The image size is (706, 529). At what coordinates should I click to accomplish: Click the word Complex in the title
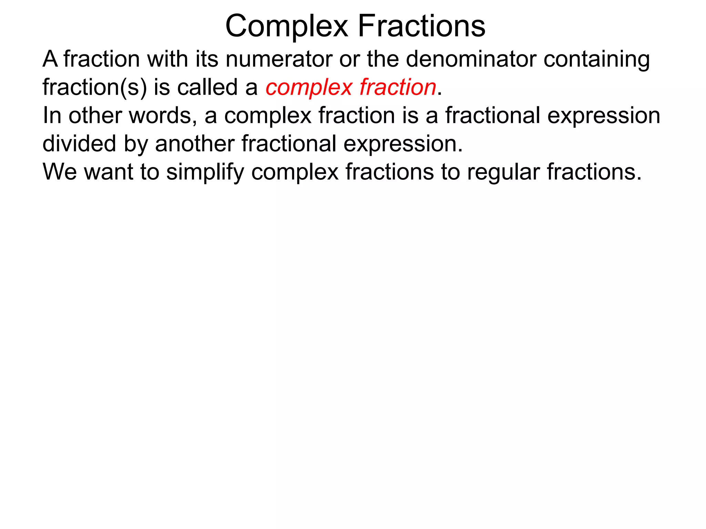[287, 27]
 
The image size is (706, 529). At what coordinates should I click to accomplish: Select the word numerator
[279, 59]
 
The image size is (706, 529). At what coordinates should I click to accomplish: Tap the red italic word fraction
[398, 87]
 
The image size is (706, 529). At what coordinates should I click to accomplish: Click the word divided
[79, 144]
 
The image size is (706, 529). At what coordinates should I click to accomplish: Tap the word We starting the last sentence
[60, 172]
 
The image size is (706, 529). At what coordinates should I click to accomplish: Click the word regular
[503, 173]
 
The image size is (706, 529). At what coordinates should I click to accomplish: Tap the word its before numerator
[207, 59]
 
